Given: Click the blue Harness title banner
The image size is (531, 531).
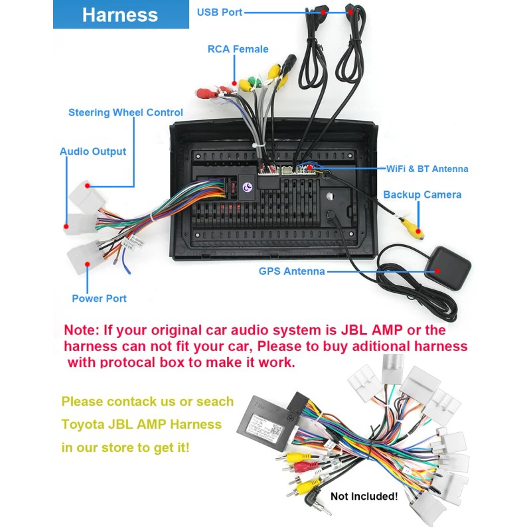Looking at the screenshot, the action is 121,14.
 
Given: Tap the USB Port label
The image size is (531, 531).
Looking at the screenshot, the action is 220,12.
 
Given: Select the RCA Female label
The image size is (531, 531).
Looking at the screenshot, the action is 238,49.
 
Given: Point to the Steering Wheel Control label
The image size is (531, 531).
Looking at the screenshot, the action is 125,112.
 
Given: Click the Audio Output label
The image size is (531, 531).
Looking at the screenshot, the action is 93,151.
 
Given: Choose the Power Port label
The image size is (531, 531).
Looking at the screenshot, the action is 99,298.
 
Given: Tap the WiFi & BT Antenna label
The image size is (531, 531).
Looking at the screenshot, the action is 427,169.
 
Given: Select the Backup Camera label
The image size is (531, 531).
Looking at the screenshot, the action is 422,194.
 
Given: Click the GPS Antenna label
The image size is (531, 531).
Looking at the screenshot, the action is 291,271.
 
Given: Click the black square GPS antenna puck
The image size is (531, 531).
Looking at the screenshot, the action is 447,268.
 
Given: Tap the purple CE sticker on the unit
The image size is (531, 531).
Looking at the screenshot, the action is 248,187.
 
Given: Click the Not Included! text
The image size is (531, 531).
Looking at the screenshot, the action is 364,496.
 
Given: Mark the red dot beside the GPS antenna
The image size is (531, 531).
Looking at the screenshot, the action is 437,271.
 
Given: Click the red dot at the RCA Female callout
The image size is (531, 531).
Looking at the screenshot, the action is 234,83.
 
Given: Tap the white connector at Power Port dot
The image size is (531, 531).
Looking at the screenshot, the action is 84,258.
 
